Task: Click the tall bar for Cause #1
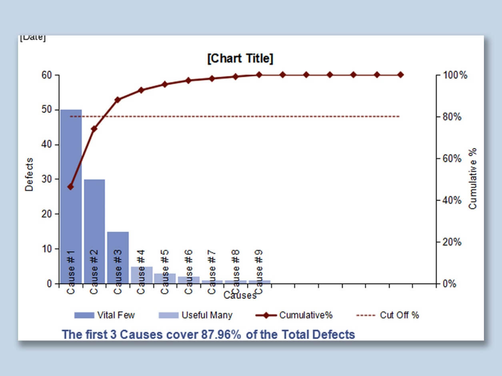coord(71,180)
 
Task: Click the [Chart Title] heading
coord(240,59)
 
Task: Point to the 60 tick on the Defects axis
coord(47,75)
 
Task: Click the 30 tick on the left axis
coord(47,179)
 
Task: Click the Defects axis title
coord(29,174)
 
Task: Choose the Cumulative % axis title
coord(473,178)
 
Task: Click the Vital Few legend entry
coord(105,315)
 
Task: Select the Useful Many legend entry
coord(196,315)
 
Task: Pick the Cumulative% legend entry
coord(294,315)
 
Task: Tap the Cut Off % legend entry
coord(388,315)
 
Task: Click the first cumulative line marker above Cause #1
coord(71,187)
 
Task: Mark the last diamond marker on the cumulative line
coord(400,75)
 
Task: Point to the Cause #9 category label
coord(259,271)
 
